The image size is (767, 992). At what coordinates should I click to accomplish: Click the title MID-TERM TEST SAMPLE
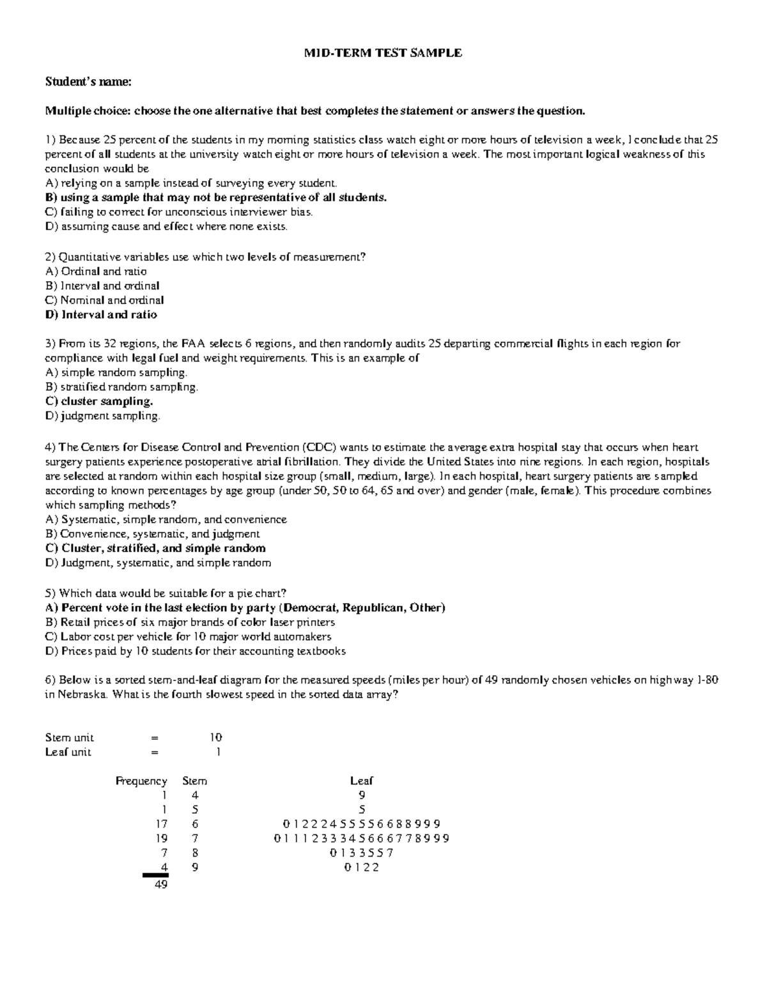(x=382, y=53)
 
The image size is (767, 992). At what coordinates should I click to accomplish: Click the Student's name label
(x=88, y=82)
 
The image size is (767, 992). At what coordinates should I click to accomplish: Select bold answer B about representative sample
(x=215, y=197)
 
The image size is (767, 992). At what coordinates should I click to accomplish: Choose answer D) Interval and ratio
(x=100, y=314)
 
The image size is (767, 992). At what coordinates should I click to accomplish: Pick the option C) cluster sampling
(x=99, y=401)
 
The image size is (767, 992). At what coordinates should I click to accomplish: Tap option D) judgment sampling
(x=102, y=416)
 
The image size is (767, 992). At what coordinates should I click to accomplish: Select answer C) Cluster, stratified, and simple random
(x=155, y=548)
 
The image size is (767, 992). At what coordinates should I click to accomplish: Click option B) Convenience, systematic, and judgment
(x=152, y=533)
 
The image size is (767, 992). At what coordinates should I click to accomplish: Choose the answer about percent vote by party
(x=245, y=607)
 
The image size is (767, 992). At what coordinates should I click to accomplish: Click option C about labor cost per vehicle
(x=188, y=637)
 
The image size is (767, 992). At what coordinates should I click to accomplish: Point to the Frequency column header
(x=141, y=781)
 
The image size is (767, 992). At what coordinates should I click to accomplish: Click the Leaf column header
(x=361, y=781)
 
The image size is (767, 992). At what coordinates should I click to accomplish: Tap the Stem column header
(x=194, y=781)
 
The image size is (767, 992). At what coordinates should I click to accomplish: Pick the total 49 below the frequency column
(x=161, y=885)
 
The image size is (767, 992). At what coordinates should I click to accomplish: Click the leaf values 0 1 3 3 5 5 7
(x=361, y=853)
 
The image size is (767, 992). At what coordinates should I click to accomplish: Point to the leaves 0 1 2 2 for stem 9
(x=361, y=867)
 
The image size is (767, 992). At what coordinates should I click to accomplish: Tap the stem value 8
(x=194, y=853)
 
